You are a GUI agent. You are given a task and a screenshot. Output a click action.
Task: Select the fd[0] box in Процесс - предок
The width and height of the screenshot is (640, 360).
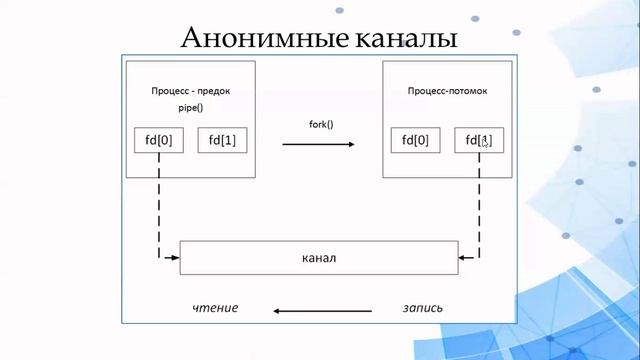click(x=159, y=140)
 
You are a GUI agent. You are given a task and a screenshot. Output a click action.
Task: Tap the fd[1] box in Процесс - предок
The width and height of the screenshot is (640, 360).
click(x=223, y=140)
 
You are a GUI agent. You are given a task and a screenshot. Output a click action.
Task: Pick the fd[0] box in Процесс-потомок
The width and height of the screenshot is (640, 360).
click(x=415, y=141)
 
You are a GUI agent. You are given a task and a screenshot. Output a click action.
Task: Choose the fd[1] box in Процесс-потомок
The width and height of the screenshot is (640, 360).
click(x=479, y=141)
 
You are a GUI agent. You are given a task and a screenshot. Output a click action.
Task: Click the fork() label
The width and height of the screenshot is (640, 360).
click(x=320, y=125)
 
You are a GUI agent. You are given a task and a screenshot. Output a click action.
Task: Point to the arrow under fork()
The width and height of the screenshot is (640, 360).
click(x=318, y=145)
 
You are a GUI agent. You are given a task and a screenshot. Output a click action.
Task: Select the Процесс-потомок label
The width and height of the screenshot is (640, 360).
click(x=447, y=90)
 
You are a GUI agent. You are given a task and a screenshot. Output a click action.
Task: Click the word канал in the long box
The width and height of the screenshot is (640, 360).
click(x=319, y=258)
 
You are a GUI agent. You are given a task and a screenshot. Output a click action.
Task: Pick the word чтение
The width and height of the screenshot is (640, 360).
click(x=215, y=308)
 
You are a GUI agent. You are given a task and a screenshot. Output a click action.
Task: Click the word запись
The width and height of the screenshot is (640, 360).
click(x=422, y=308)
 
